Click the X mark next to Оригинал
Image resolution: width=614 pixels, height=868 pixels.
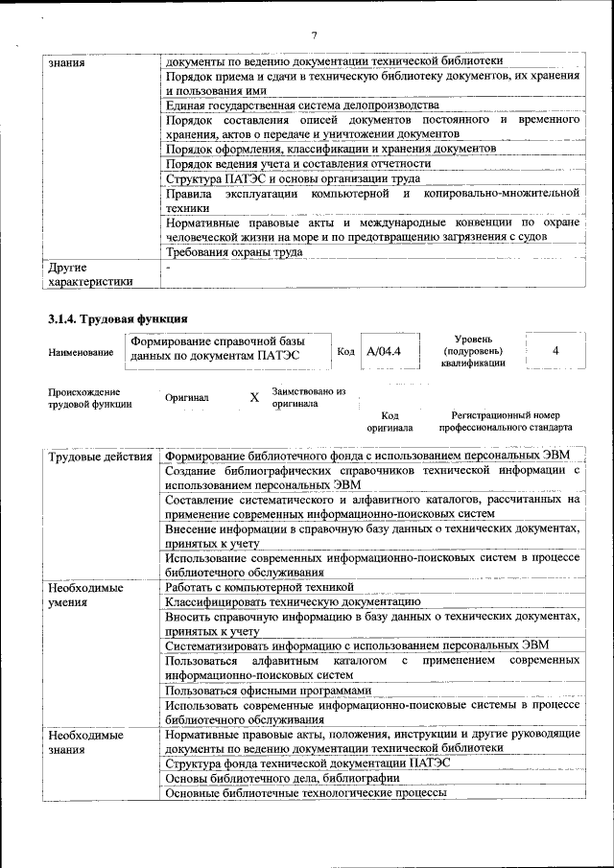254,397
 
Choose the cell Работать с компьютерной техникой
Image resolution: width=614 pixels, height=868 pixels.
259,585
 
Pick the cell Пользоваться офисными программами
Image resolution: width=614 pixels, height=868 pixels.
267,690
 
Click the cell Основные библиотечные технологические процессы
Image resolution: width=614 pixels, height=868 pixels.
305,793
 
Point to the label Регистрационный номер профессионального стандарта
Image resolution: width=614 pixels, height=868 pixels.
505,421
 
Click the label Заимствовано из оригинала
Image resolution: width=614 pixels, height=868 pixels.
308,398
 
